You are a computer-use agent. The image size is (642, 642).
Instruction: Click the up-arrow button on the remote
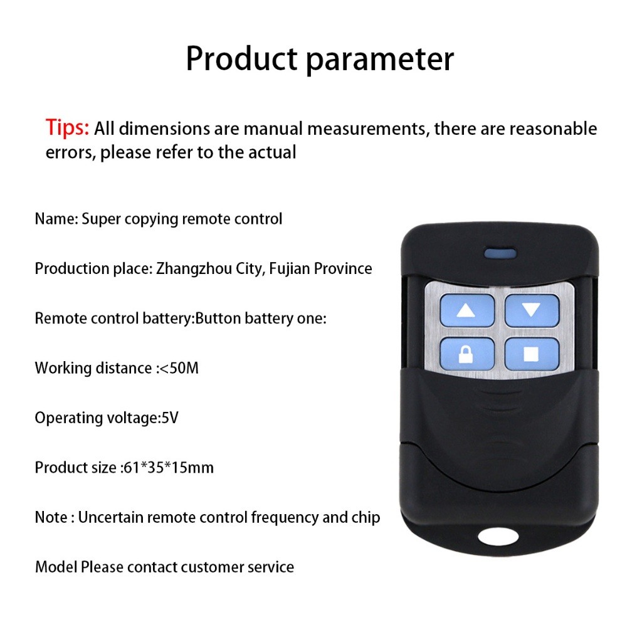(466, 310)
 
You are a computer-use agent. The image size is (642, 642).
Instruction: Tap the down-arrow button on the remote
(532, 310)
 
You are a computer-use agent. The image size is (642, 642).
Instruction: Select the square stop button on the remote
(532, 354)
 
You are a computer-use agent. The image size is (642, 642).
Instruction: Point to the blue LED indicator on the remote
(500, 253)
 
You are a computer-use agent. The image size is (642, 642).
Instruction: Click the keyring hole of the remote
(498, 537)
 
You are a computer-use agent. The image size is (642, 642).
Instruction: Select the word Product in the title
(241, 58)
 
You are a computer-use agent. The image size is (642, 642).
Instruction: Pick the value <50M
(179, 368)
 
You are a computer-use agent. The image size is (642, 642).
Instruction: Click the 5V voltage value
(171, 418)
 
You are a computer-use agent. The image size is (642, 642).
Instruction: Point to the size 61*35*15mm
(168, 468)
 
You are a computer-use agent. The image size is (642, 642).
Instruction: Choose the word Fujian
(290, 269)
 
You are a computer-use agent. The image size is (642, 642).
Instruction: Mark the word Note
(51, 517)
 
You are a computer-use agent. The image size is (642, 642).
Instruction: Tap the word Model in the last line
(56, 567)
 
